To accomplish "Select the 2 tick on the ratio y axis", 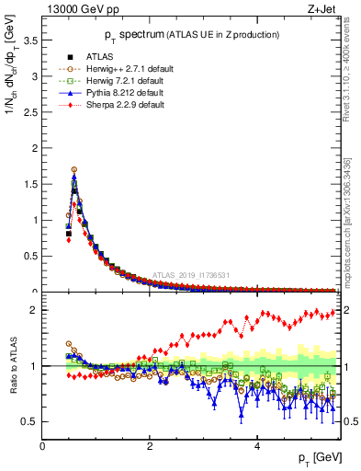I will pos(34,310).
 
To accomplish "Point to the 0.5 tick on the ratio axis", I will pos(30,421).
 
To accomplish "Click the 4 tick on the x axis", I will pos(257,446).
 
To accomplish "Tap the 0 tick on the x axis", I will pos(43,446).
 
